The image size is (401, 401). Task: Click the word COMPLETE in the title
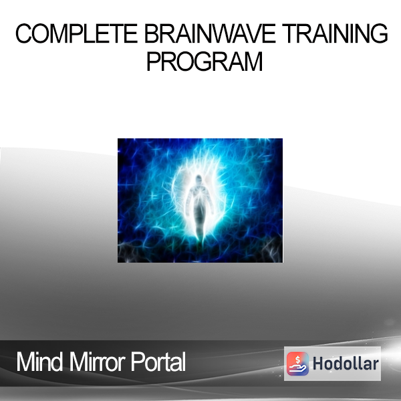[x=76, y=33]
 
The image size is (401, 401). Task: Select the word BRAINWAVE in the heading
[x=210, y=33]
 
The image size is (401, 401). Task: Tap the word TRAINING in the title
[x=335, y=33]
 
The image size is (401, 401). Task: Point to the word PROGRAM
[x=205, y=61]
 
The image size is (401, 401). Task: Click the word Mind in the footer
[x=39, y=362]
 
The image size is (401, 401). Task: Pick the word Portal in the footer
[x=158, y=362]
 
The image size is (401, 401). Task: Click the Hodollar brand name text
[x=346, y=364]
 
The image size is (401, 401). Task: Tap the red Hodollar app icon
[x=297, y=364]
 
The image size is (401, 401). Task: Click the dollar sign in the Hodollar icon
[x=297, y=360]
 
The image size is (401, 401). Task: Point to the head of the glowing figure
[x=198, y=179]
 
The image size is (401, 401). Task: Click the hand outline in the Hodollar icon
[x=297, y=368]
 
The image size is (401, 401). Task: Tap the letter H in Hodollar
[x=318, y=364]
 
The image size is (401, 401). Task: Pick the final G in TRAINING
[x=379, y=33]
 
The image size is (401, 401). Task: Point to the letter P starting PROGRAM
[x=154, y=61]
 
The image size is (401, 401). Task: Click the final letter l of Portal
[x=184, y=362]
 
